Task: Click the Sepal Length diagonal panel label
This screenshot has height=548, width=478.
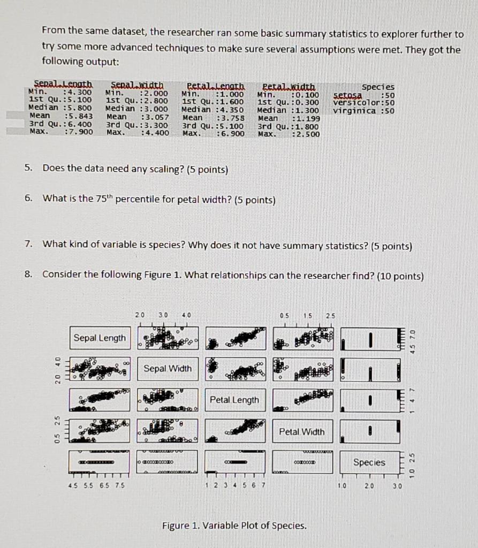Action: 100,338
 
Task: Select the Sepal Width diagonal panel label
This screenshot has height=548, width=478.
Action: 168,368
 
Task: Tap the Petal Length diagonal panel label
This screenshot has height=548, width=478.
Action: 234,400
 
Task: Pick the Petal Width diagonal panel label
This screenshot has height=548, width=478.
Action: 302,431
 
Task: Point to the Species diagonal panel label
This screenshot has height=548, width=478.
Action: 369,462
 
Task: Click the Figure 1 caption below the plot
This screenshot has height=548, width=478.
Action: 234,526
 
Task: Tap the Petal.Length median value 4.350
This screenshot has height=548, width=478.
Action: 231,109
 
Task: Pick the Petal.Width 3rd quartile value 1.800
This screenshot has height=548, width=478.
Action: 307,125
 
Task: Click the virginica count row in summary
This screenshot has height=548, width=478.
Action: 363,111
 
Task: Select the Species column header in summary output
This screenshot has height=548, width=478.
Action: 378,87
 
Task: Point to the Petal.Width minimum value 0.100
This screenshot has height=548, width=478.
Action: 307,94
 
